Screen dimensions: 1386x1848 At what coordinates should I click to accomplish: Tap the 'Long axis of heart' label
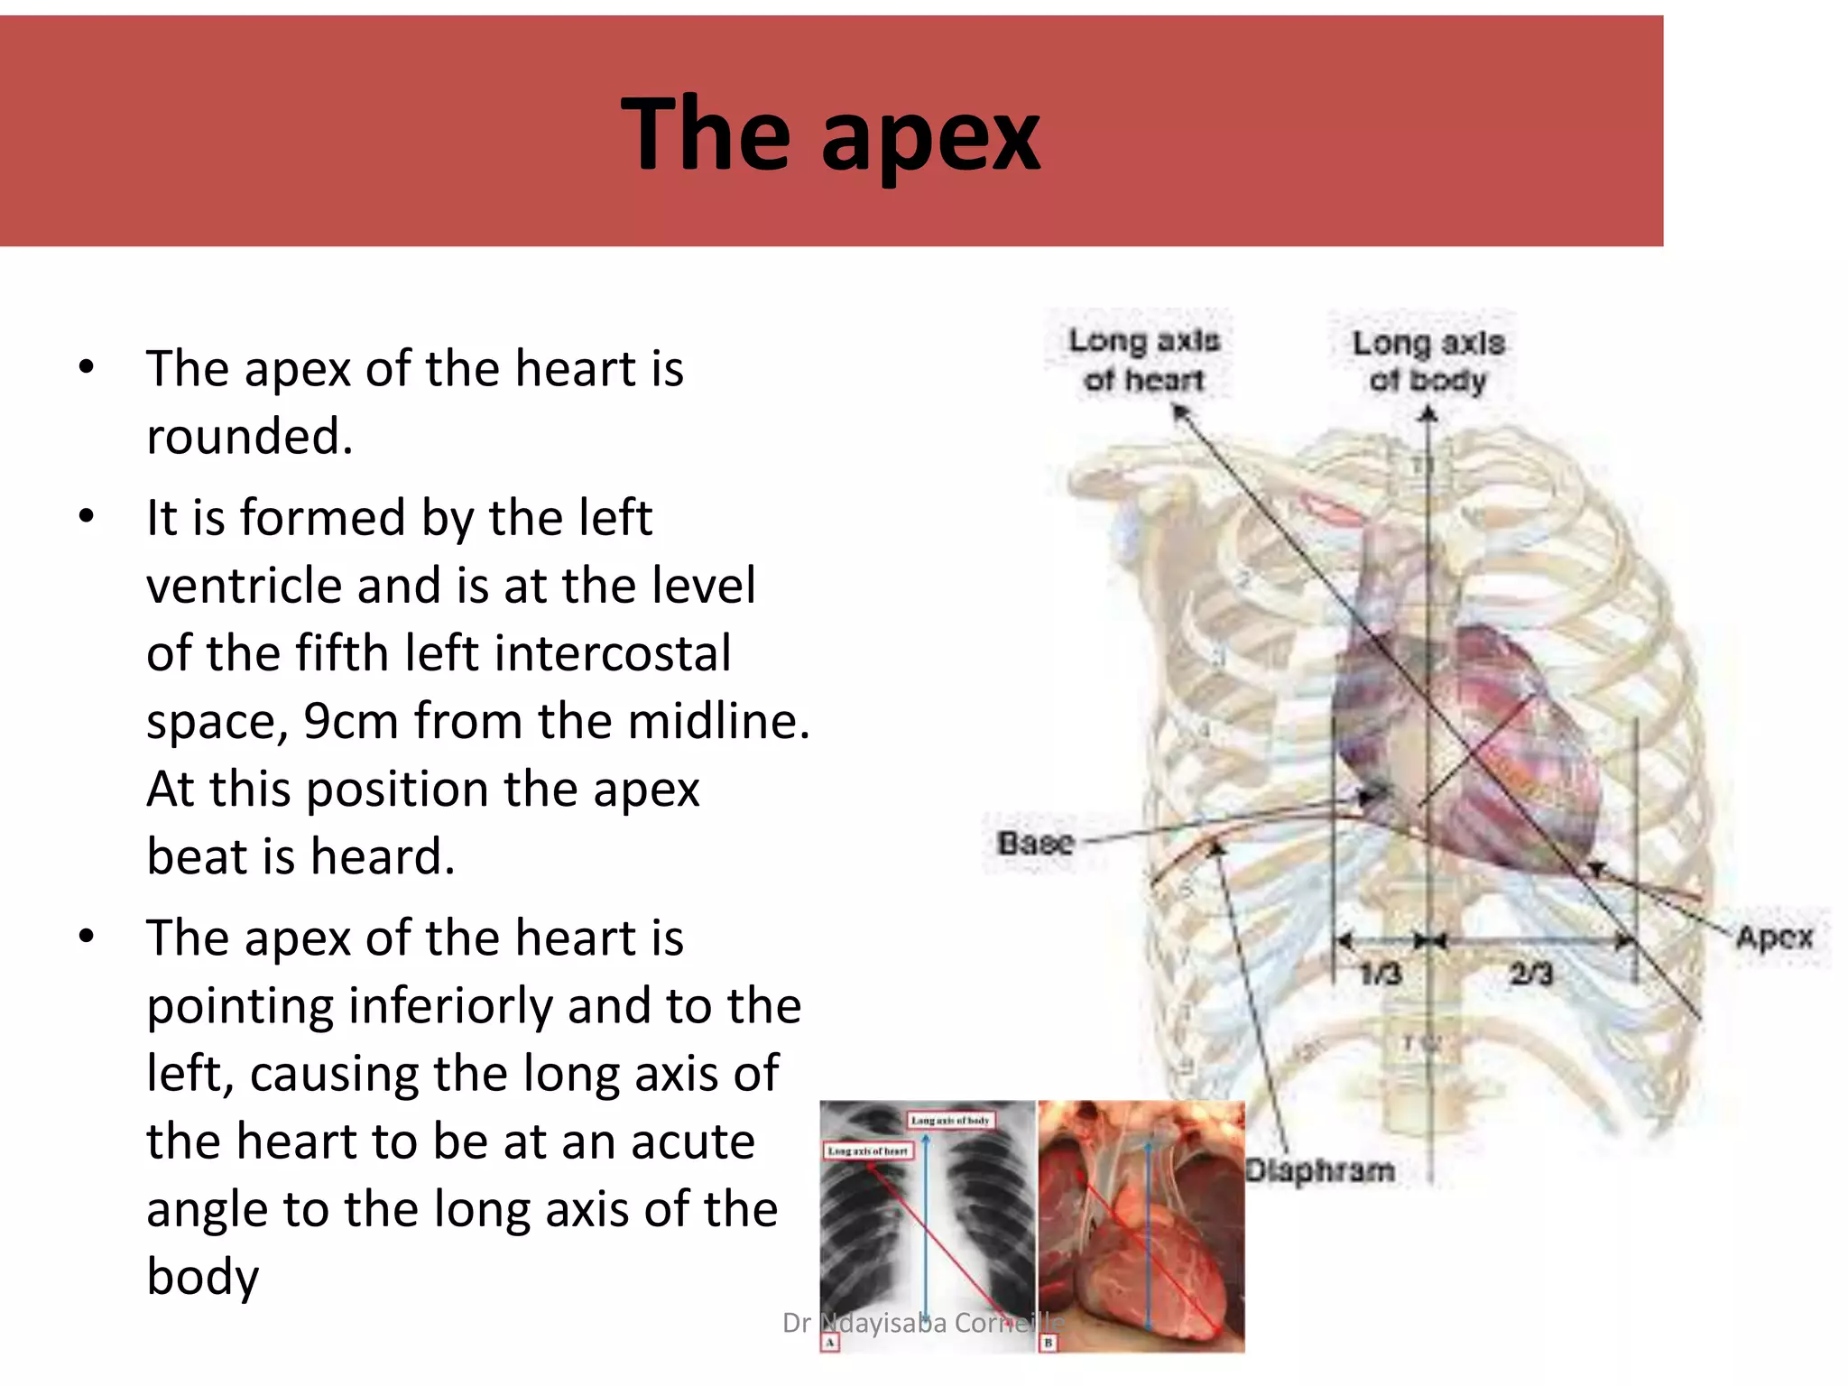pos(1143,360)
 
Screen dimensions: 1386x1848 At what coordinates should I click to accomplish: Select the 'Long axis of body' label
pos(1428,361)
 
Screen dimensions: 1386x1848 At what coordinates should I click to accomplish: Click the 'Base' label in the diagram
pos(1035,843)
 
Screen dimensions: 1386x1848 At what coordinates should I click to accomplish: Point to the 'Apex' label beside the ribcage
pos(1774,938)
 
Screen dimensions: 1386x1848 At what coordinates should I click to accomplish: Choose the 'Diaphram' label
pos(1319,1170)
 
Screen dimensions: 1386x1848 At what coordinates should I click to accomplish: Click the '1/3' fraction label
pos(1380,974)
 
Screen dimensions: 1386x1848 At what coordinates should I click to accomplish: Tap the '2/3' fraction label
pos(1530,974)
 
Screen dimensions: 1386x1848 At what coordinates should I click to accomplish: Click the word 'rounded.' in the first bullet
pos(249,437)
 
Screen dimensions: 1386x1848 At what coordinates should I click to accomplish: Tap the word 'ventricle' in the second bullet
pos(244,586)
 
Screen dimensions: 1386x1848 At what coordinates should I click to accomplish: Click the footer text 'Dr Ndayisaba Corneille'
pos(923,1323)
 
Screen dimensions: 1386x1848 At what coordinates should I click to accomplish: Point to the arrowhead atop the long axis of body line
pos(1428,414)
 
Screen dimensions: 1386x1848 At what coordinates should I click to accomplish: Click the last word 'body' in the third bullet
pos(203,1277)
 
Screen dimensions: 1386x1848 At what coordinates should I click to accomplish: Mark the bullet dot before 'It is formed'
pos(87,517)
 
